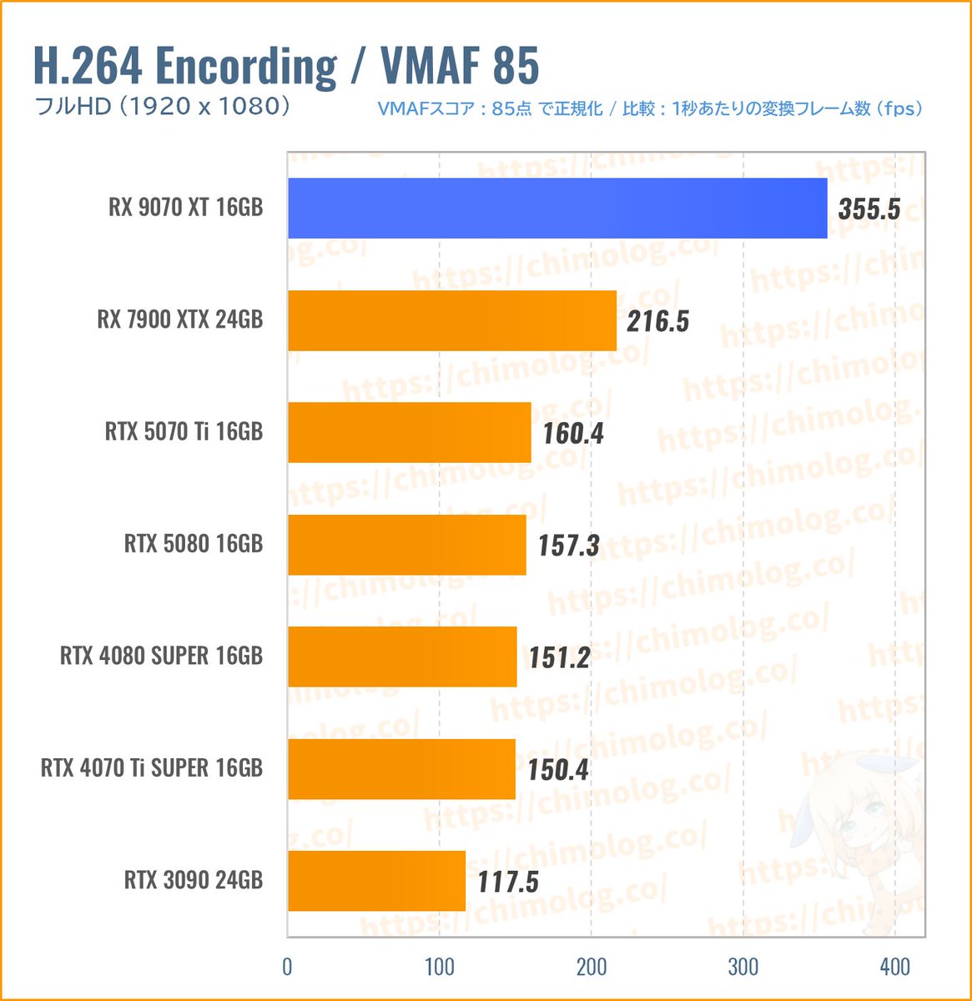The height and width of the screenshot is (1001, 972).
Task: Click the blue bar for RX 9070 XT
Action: click(x=557, y=209)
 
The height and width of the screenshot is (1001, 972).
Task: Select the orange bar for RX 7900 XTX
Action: click(x=452, y=320)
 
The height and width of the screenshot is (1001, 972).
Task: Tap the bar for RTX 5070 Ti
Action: click(x=410, y=432)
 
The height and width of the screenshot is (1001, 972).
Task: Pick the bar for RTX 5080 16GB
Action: click(x=407, y=545)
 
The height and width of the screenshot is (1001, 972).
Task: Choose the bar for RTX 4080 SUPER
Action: click(x=402, y=656)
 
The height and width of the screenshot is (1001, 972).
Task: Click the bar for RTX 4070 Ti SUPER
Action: click(x=401, y=769)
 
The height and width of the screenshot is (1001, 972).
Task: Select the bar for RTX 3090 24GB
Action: click(x=376, y=881)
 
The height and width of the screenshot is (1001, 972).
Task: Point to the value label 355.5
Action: click(x=869, y=209)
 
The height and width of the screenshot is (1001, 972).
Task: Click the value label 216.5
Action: click(x=658, y=321)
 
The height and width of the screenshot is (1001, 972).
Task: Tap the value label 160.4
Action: click(x=572, y=433)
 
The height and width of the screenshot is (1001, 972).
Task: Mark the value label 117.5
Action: click(x=507, y=882)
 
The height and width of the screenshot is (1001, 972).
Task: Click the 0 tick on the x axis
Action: click(x=288, y=967)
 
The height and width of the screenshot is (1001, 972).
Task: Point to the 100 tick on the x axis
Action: click(x=440, y=967)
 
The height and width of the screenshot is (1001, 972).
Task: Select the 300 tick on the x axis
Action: click(x=743, y=967)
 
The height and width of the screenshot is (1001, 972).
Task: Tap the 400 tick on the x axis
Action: click(x=895, y=967)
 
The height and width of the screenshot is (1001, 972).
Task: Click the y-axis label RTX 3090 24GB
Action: click(x=194, y=880)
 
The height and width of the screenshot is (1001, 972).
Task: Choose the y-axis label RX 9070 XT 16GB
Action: click(x=185, y=208)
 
